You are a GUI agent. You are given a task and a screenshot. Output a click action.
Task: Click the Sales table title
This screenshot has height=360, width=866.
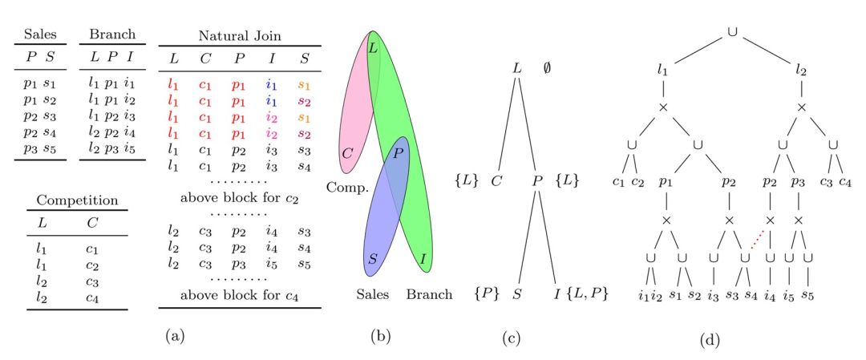tap(39, 35)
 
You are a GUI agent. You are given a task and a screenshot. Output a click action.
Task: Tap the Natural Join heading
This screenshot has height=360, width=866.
tap(240, 35)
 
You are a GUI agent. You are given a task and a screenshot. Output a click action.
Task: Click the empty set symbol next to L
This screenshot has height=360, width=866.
tap(547, 68)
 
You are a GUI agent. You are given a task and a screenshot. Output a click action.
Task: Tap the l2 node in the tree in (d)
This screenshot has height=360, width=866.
tap(800, 71)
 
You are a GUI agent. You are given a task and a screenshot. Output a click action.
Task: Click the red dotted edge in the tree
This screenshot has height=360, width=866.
tap(755, 239)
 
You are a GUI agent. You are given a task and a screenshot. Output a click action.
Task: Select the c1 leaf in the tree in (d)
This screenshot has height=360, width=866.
tap(617, 183)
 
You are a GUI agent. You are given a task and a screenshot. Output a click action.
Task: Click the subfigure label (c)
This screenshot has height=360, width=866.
tap(511, 338)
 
